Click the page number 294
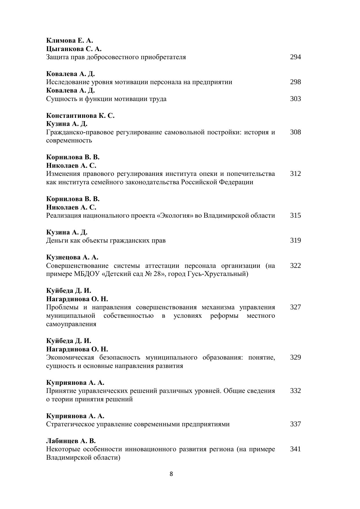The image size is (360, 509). (295, 57)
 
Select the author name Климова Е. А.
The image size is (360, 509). (69, 40)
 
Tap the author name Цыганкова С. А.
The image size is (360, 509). (74, 48)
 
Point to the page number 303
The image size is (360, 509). (295, 99)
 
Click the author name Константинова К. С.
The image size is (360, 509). (80, 115)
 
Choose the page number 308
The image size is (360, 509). (295, 132)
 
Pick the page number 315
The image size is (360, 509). (295, 215)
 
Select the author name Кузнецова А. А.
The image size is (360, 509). (72, 257)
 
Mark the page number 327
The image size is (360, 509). (295, 307)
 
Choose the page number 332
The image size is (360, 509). (295, 391)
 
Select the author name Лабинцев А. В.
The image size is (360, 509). (71, 441)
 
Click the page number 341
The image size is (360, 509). (295, 449)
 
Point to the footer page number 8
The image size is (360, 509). (171, 474)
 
